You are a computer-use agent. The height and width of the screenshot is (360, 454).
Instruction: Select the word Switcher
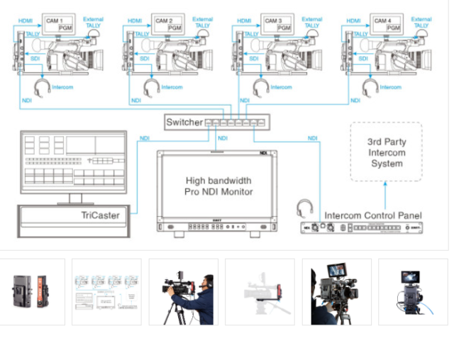pos(184,123)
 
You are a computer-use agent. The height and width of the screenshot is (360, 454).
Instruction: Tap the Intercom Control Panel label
pos(372,215)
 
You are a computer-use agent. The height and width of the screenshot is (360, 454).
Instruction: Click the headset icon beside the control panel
pos(305,208)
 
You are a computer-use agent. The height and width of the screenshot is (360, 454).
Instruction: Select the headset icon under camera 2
pos(150,89)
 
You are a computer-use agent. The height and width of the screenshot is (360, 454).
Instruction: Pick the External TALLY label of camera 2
pos(203,22)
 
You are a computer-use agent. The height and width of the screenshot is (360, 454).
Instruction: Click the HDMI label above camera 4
pos(353,21)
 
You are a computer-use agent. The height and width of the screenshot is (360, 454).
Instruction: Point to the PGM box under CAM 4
pos(392,29)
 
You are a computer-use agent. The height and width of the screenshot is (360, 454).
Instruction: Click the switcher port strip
pos(236,123)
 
